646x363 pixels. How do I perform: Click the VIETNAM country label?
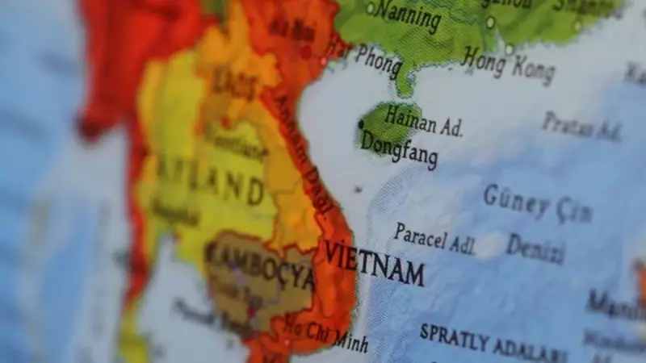click(374, 263)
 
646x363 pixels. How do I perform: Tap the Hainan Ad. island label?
click(423, 121)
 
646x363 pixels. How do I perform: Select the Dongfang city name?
click(399, 149)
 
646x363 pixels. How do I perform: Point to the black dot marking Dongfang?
click(361, 124)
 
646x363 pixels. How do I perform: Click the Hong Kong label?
click(509, 65)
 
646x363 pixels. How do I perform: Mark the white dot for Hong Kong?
click(510, 49)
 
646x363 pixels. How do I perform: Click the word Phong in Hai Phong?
click(376, 62)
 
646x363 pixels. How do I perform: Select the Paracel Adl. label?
click(434, 240)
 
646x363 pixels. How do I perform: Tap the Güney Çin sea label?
click(537, 204)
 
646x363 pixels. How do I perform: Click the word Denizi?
click(535, 249)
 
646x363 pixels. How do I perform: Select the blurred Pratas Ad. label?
click(581, 126)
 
